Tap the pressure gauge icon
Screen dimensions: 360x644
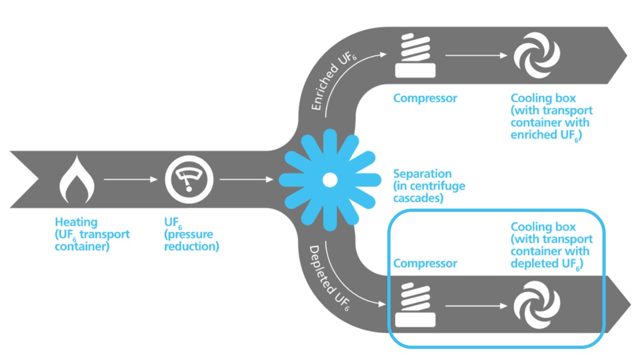189,180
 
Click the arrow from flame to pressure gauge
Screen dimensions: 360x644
131,180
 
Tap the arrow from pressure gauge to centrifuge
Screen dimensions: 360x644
246,180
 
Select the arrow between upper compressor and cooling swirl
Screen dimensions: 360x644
475,55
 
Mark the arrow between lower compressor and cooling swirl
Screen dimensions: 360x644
475,306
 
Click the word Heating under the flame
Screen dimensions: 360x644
76,222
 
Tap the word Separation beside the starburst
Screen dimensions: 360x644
422,174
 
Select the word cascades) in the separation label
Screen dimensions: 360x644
418,198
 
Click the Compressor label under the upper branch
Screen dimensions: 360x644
425,98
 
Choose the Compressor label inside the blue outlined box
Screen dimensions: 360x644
425,264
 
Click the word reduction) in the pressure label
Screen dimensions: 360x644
192,246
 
